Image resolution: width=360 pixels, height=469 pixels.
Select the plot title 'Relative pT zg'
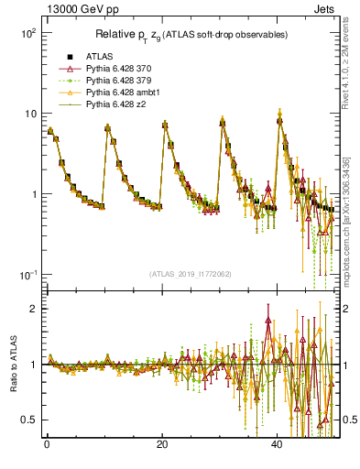[x=193, y=35]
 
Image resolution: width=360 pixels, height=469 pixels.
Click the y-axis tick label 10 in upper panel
[x=30, y=114]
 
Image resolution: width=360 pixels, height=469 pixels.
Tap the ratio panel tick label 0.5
[x=29, y=420]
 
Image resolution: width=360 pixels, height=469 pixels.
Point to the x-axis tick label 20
[x=162, y=445]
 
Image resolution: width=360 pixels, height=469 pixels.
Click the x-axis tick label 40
[x=278, y=445]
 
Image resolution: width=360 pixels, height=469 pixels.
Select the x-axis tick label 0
[x=47, y=445]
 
